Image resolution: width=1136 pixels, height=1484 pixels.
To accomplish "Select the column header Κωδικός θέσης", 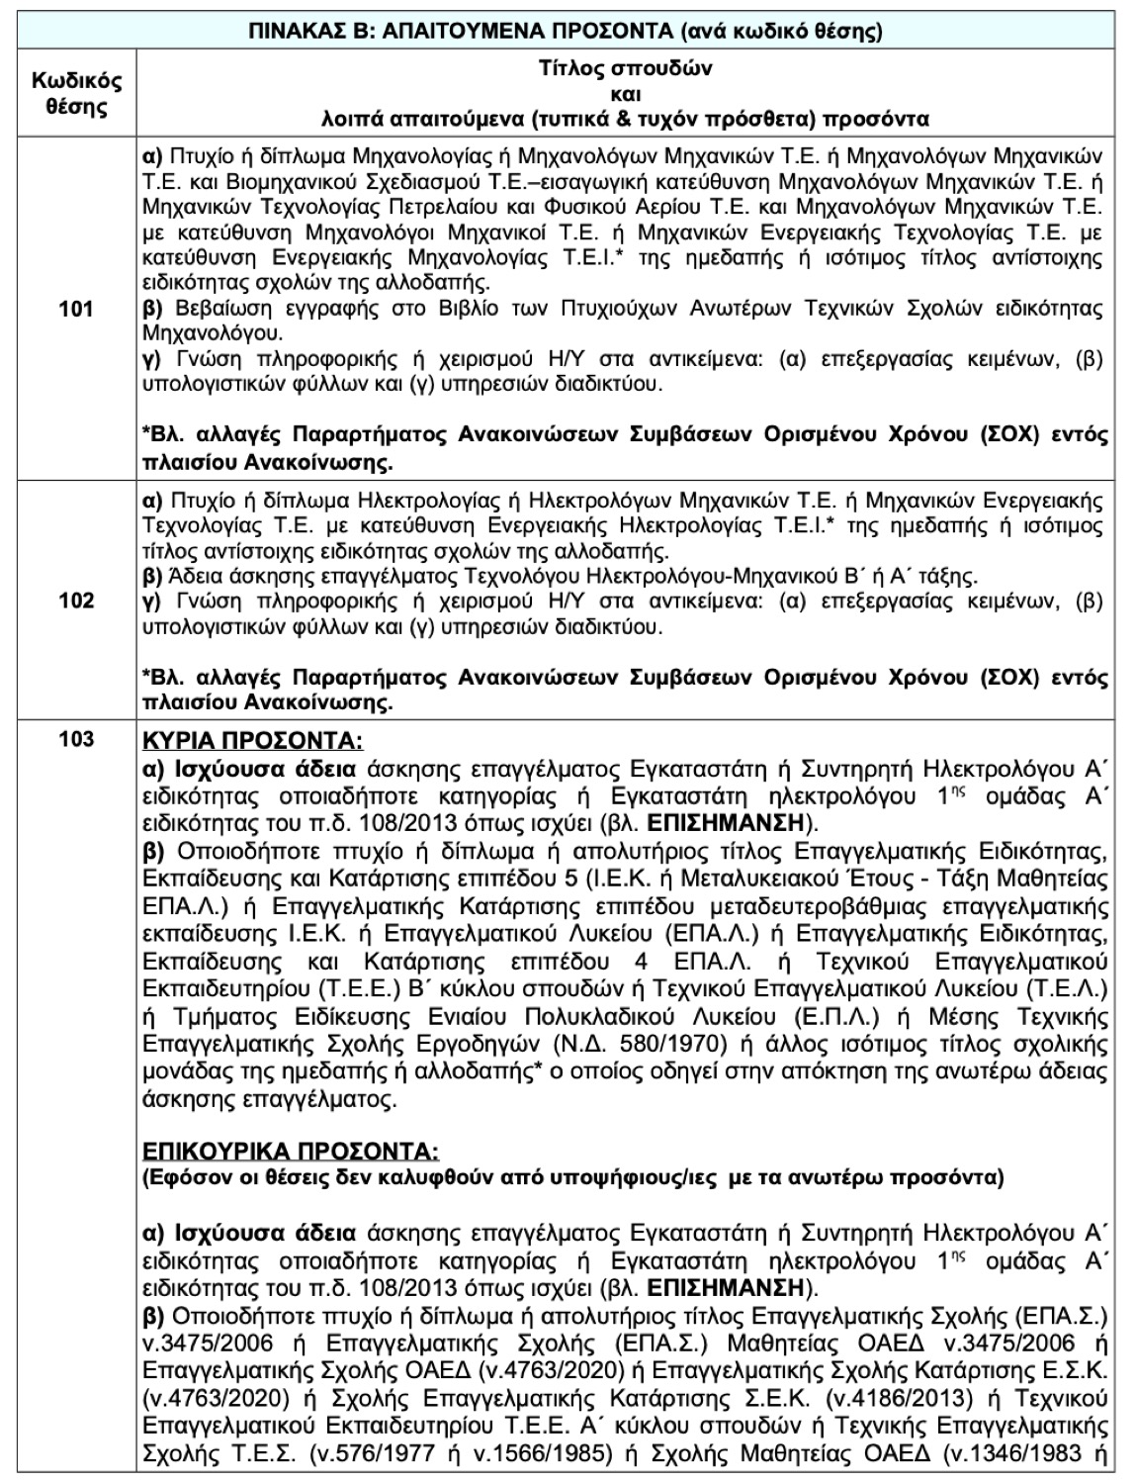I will [77, 93].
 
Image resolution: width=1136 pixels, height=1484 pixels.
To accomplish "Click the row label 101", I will [77, 309].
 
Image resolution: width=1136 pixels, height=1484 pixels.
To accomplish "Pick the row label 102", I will [77, 601].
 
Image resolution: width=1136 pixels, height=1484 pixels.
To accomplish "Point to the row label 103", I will [77, 739].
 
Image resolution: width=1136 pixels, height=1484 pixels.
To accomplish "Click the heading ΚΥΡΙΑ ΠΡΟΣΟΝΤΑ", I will [252, 742].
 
